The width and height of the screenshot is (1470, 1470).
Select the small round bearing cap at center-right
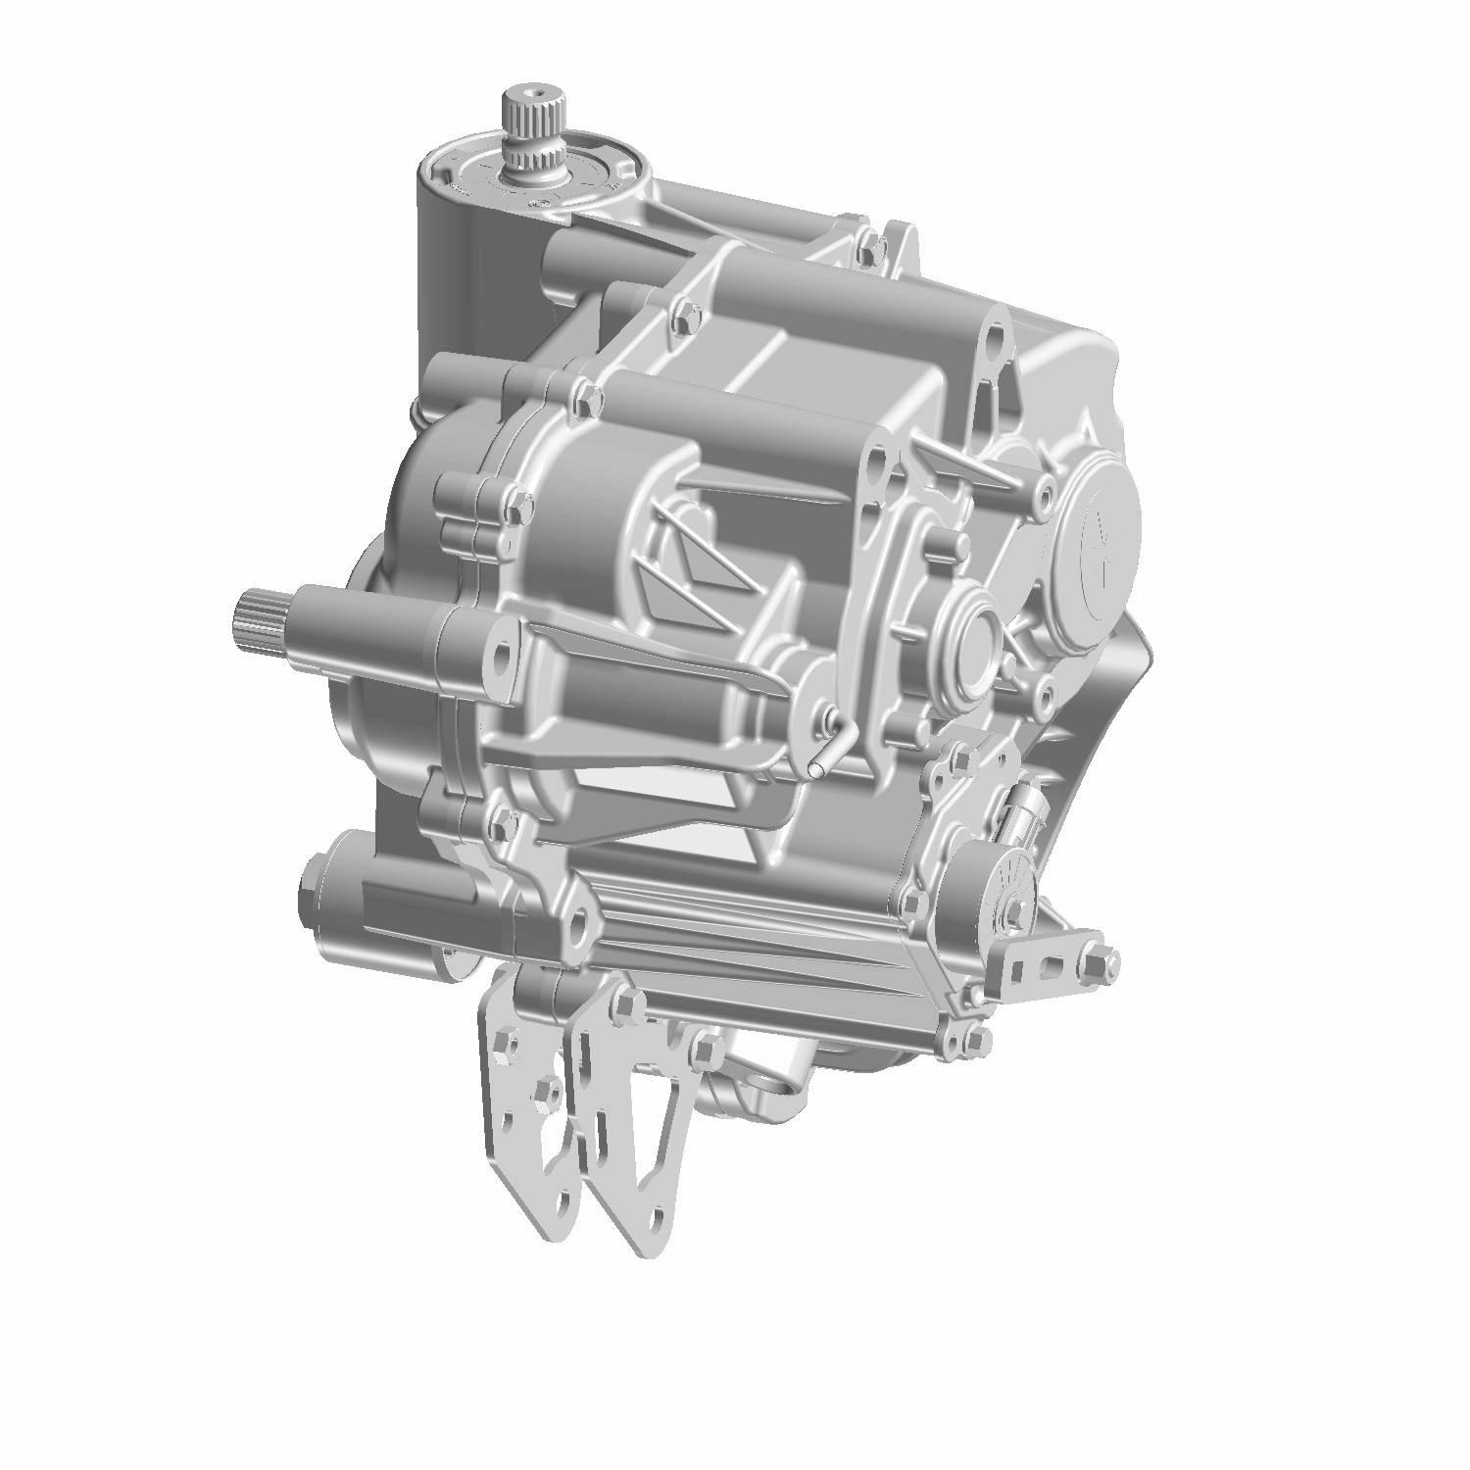click(970, 638)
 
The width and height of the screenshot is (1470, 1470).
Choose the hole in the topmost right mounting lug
click(993, 339)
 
